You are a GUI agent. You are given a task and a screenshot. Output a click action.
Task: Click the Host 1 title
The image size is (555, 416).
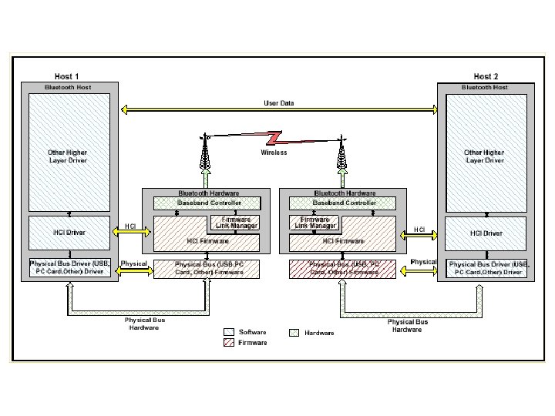click(x=67, y=76)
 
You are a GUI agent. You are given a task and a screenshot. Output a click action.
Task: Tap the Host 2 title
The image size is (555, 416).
click(x=486, y=76)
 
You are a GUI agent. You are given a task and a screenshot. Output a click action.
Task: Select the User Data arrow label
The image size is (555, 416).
click(x=278, y=102)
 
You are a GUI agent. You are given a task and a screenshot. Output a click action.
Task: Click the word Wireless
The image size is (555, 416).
click(x=274, y=153)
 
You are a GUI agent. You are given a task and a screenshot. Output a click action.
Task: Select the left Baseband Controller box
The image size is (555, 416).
click(x=209, y=203)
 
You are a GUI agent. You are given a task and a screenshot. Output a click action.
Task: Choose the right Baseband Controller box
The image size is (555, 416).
click(x=345, y=203)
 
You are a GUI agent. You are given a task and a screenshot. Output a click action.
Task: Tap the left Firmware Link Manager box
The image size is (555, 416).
click(x=236, y=223)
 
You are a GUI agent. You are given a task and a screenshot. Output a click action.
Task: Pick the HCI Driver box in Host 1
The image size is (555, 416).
click(x=69, y=232)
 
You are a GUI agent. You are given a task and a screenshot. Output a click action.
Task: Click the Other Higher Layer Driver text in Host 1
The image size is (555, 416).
click(x=68, y=156)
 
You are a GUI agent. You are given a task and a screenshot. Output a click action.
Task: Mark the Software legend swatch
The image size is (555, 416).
click(x=229, y=333)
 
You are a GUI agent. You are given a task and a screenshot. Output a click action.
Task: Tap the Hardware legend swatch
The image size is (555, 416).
click(x=293, y=333)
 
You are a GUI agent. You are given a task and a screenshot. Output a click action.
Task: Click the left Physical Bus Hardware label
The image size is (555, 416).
click(x=145, y=324)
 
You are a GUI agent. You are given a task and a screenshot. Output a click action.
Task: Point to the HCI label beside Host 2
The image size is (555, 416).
click(x=419, y=230)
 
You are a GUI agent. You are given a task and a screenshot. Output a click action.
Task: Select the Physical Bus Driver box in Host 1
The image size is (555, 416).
click(x=69, y=267)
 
